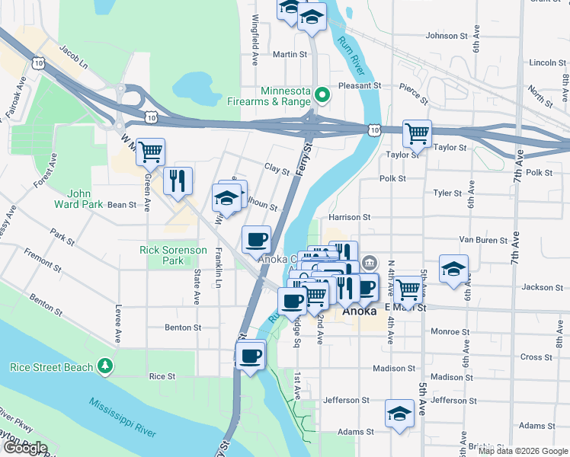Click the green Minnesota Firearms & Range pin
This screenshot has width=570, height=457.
322,96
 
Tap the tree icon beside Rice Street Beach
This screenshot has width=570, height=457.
105,366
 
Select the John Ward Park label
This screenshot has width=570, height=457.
74,199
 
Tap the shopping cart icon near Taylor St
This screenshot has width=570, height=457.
417,134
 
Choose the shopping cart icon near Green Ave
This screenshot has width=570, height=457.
150,152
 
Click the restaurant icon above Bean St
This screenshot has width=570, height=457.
178,181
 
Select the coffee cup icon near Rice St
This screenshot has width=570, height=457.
250,355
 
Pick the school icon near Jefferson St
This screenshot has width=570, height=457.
399,414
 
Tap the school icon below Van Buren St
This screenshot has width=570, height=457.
453,269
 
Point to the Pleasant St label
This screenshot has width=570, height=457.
359,87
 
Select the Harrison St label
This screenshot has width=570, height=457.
349,217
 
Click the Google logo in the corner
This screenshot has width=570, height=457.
24,448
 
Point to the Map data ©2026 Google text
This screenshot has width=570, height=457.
522,451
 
